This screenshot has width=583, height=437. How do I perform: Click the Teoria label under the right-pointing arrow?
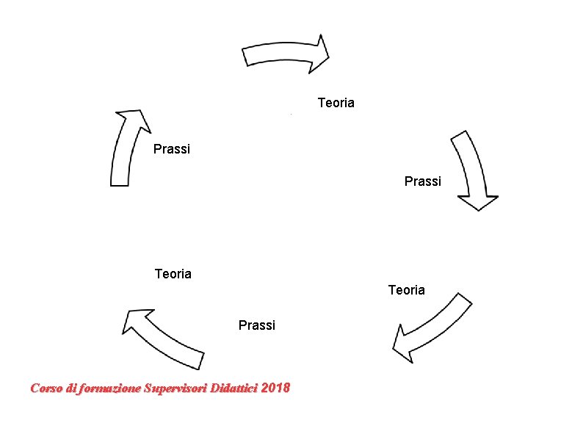tap(336, 103)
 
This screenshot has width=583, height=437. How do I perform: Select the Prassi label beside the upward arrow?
tap(172, 149)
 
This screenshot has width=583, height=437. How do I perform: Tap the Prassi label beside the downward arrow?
tap(423, 181)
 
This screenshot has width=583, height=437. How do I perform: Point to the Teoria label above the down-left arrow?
tap(406, 290)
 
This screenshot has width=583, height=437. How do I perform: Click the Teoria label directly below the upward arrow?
tap(173, 274)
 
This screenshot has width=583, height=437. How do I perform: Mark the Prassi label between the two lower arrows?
tap(257, 325)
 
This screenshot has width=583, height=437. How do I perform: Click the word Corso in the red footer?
tap(46, 388)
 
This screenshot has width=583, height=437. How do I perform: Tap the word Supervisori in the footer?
tap(175, 388)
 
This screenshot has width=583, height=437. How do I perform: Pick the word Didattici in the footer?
tap(233, 388)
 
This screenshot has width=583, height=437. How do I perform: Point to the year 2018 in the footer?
tap(275, 388)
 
